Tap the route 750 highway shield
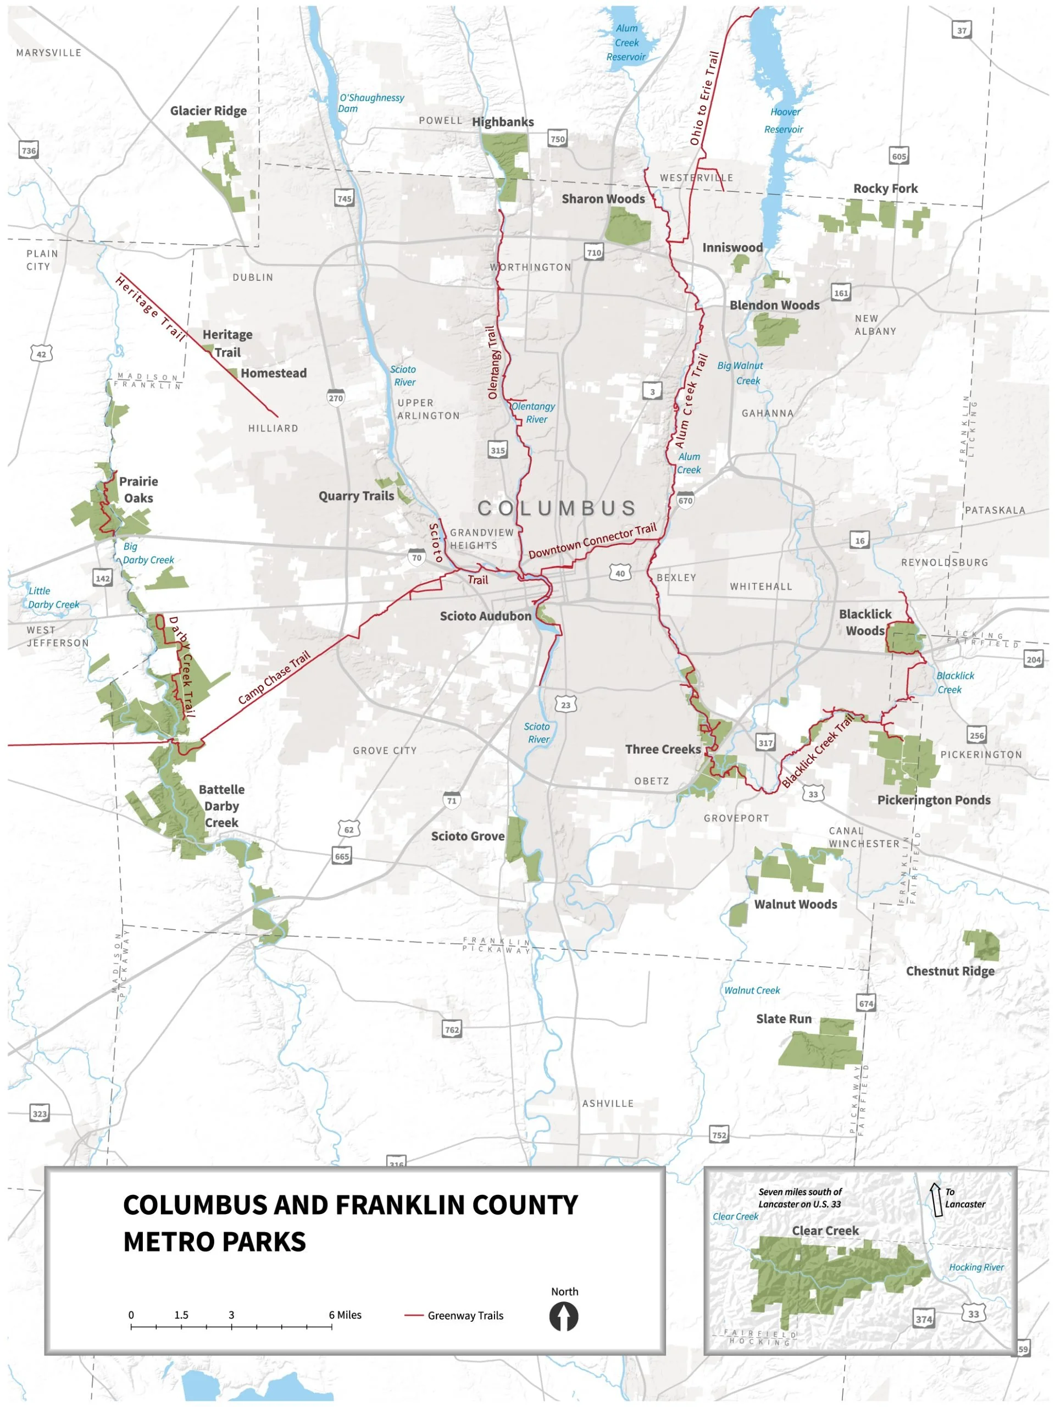(557, 139)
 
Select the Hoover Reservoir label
(784, 121)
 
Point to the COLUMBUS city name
(557, 508)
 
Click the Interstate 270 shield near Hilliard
(336, 397)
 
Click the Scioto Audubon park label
(485, 616)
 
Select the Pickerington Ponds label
(934, 800)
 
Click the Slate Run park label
(784, 1019)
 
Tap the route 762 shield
(452, 1029)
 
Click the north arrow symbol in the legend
(563, 1316)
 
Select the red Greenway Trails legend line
(414, 1315)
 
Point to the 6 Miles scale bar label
(345, 1315)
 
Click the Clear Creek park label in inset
(825, 1231)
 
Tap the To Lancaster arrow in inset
(936, 1200)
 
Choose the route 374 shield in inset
(923, 1319)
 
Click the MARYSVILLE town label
(49, 53)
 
